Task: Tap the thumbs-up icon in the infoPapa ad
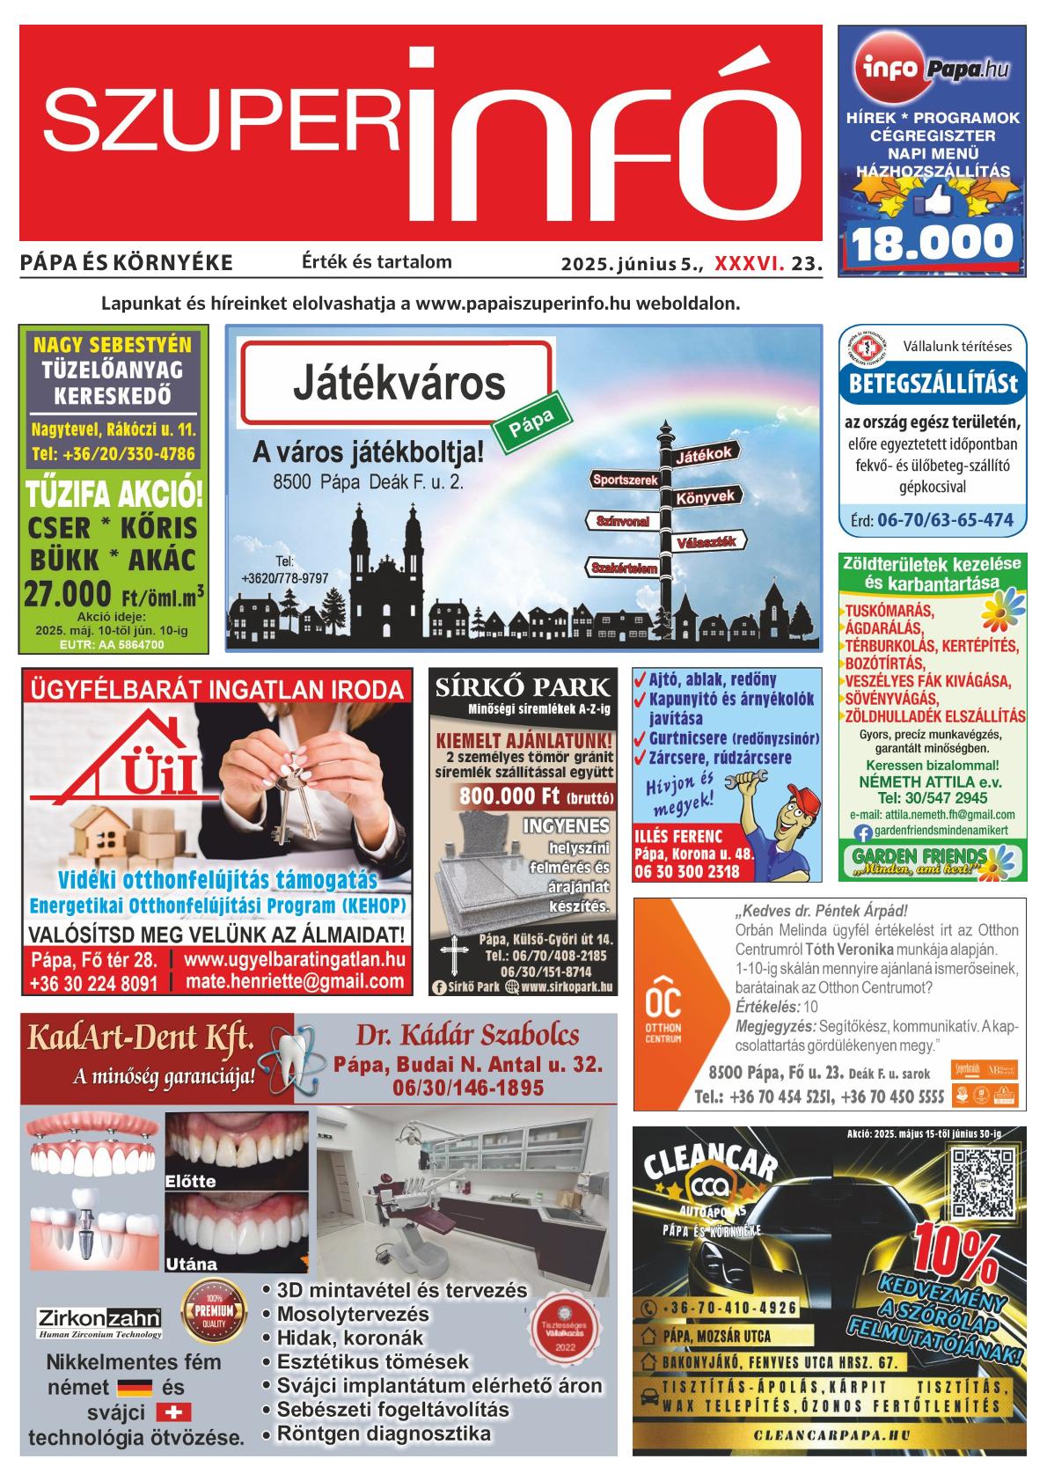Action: (929, 205)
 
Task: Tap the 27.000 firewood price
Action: (68, 593)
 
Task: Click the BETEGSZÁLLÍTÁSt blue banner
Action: (932, 385)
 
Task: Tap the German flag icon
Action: (135, 1388)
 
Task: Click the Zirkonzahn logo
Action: (99, 1318)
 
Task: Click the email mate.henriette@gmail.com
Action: (295, 982)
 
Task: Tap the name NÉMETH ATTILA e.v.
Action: (933, 781)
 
